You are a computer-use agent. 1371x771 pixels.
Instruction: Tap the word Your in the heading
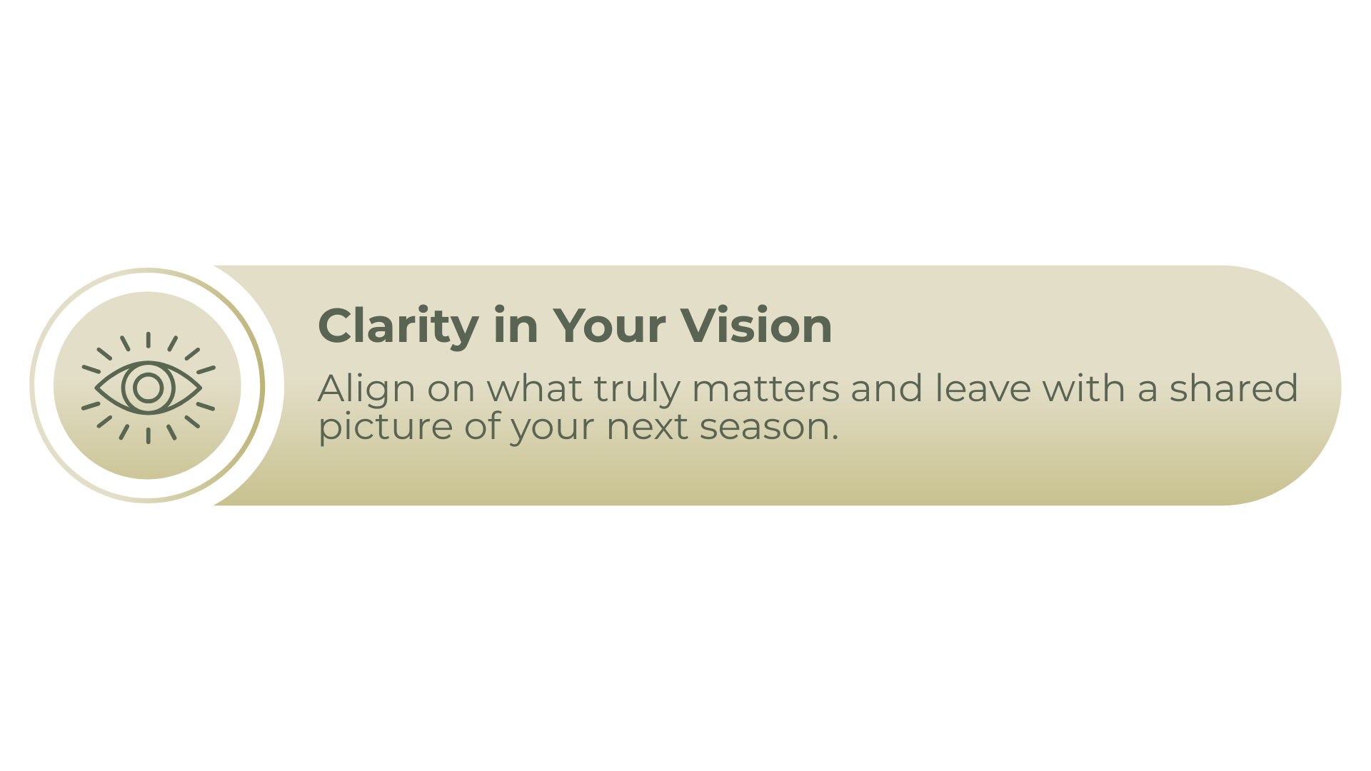pos(609,326)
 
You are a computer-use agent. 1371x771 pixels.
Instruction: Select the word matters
pos(765,388)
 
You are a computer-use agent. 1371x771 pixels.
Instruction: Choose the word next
pos(647,427)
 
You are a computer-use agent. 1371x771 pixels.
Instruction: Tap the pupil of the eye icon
pos(148,388)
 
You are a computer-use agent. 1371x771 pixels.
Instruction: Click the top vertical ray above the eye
pos(148,340)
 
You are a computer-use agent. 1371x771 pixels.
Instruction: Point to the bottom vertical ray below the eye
pos(148,435)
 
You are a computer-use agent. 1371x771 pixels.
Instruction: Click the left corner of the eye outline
pos(96,388)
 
